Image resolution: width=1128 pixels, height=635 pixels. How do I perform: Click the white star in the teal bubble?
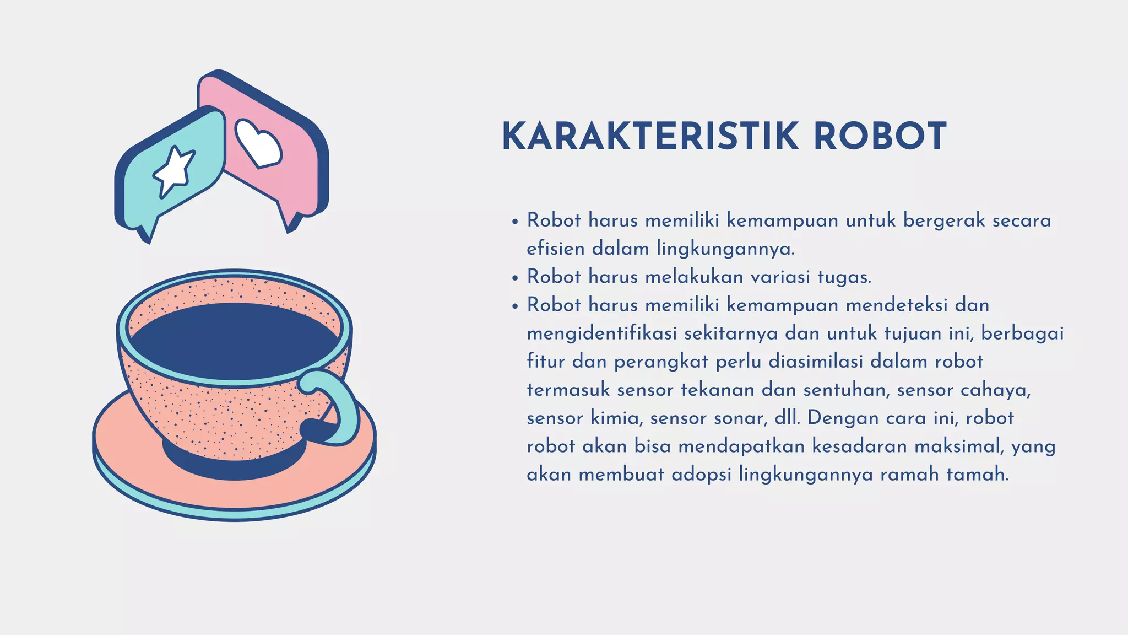[174, 170]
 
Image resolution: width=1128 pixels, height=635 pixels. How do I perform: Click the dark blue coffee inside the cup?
[234, 339]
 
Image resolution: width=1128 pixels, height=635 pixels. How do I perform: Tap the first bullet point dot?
[515, 222]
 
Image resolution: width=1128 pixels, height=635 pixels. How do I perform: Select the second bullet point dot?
[515, 278]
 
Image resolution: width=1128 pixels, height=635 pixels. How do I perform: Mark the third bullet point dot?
[515, 306]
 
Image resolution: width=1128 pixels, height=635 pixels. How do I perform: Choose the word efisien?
[555, 249]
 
